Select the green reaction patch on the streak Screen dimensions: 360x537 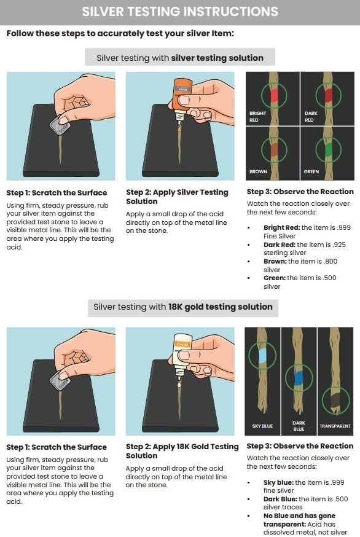(x=328, y=150)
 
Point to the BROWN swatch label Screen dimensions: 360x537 (x=258, y=171)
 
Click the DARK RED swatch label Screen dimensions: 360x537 (x=311, y=117)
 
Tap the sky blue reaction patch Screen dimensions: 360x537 (x=263, y=356)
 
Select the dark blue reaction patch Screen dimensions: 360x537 (x=299, y=378)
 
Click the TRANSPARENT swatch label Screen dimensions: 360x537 (x=335, y=426)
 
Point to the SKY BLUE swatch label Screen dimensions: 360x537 (x=262, y=426)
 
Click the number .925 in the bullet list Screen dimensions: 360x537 (x=338, y=245)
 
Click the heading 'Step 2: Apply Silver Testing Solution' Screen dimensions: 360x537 (x=177, y=197)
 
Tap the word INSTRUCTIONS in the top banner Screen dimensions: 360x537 (x=231, y=12)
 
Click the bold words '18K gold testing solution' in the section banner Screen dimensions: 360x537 (x=221, y=307)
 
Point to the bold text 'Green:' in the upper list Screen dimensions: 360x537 (x=275, y=278)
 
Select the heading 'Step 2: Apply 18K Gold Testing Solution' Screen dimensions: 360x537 (x=182, y=451)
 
